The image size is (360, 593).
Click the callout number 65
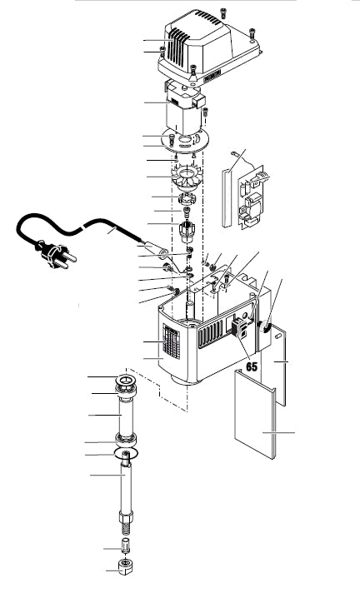252,366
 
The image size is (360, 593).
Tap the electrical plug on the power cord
57,255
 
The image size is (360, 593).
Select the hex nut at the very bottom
126,566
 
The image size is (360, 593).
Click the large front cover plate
255,413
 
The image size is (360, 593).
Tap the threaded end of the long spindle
126,527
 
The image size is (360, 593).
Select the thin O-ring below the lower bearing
126,452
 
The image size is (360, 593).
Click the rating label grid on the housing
172,341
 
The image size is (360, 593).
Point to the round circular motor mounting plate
185,141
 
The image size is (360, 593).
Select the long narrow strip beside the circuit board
227,197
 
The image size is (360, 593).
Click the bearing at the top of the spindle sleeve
126,385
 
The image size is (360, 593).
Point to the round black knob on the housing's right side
265,327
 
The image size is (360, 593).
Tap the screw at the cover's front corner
193,71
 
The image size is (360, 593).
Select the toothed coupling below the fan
186,197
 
